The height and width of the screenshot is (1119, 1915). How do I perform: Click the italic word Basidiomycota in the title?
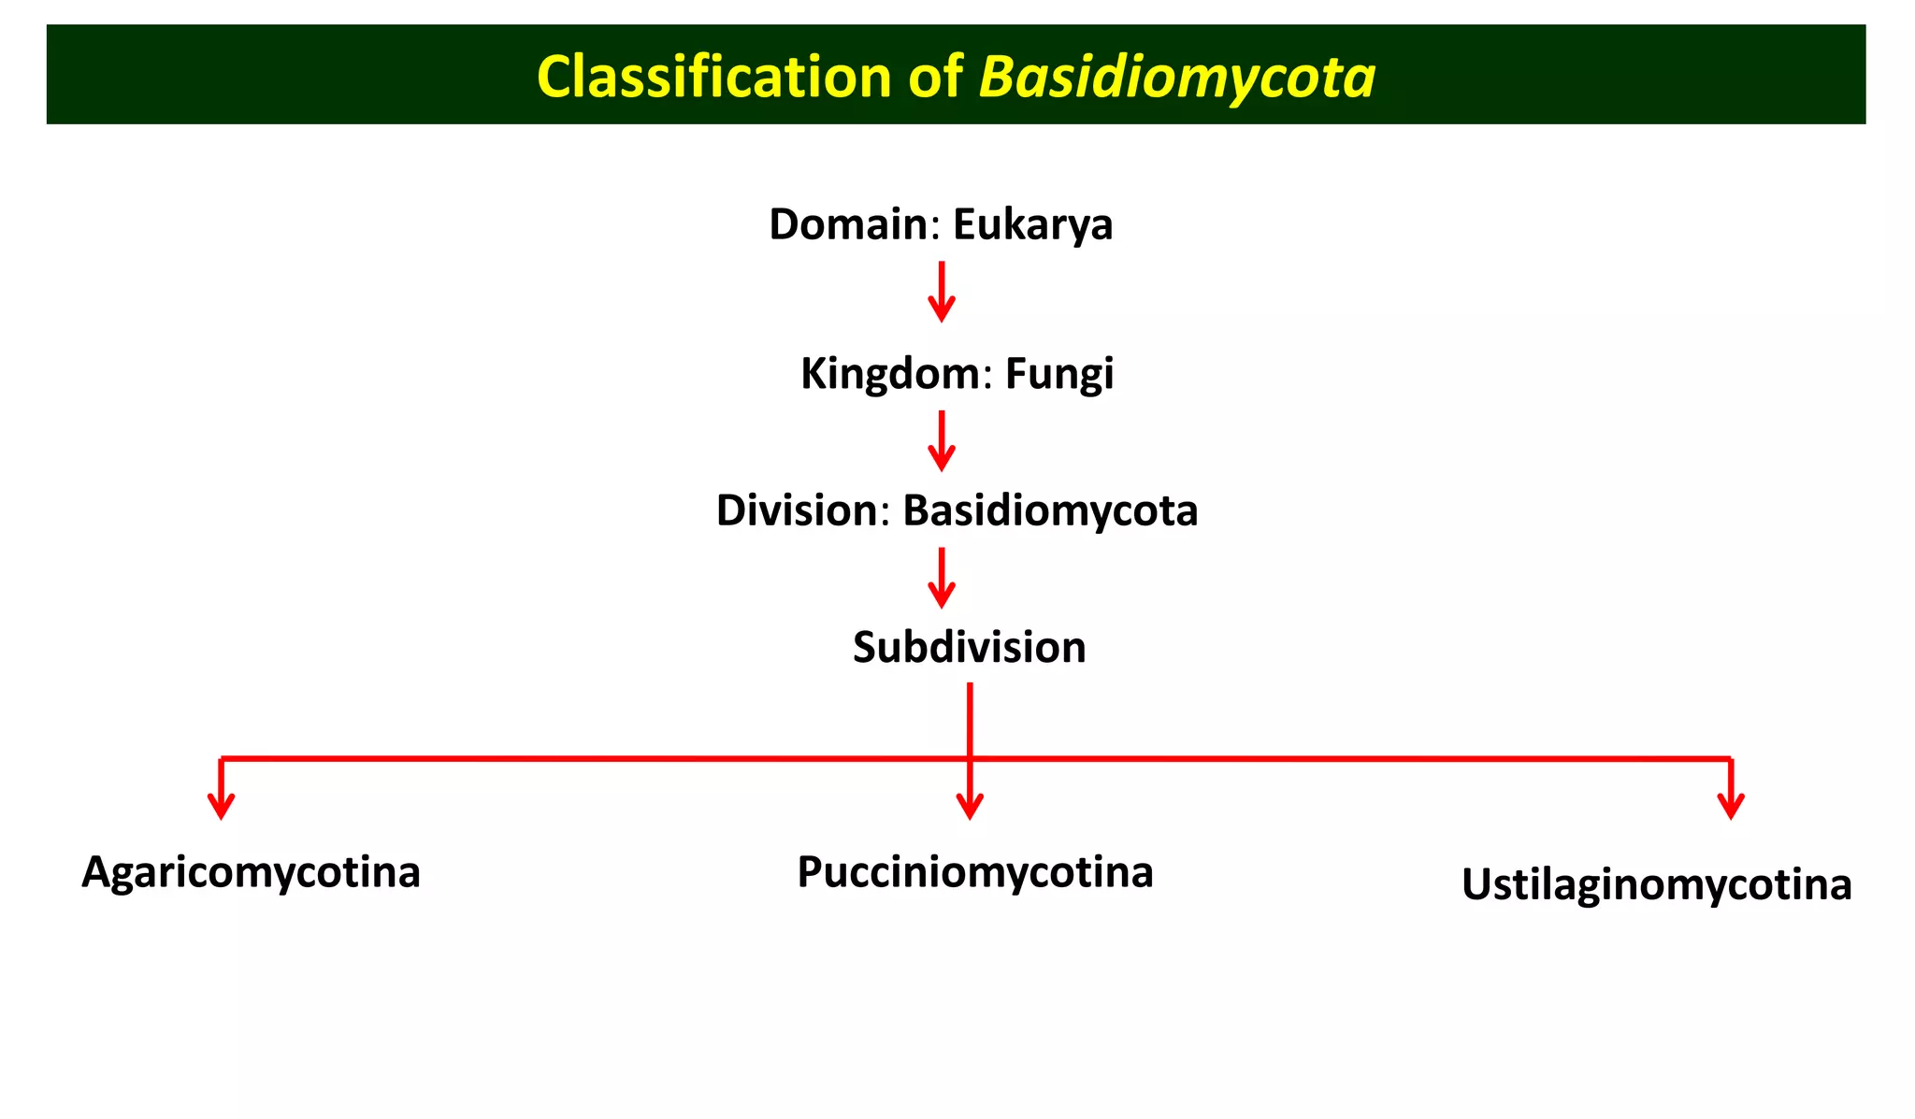(x=1176, y=76)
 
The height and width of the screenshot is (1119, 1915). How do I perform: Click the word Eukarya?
(x=1032, y=224)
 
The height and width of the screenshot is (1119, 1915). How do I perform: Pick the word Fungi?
(x=1058, y=374)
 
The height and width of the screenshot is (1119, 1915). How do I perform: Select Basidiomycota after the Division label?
(x=1049, y=510)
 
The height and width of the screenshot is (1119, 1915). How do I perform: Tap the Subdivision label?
(x=969, y=647)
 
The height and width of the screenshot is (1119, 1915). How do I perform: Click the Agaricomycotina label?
(x=251, y=872)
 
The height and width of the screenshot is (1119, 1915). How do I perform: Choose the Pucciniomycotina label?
(x=974, y=872)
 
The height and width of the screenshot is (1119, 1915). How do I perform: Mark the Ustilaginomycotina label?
(x=1656, y=884)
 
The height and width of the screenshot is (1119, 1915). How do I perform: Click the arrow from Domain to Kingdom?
(x=942, y=292)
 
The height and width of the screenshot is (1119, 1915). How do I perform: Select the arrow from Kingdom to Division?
(x=942, y=440)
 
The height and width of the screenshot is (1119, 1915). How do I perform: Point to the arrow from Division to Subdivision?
(x=942, y=578)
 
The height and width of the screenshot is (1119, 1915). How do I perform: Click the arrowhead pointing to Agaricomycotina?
(x=221, y=805)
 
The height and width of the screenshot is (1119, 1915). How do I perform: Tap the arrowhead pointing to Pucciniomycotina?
(x=970, y=805)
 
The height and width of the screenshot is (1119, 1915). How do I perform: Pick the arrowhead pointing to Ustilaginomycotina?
(x=1731, y=805)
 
